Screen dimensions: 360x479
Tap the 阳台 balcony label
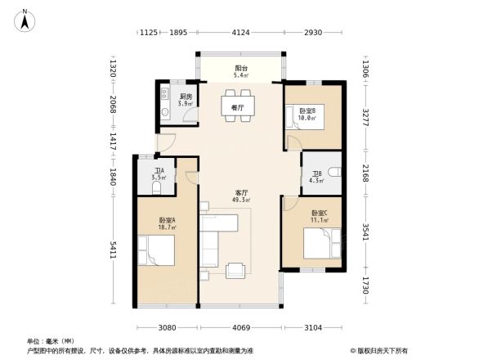241,73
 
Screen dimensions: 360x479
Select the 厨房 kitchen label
186,100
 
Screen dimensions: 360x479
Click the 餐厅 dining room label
237,108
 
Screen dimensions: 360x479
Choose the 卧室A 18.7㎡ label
166,223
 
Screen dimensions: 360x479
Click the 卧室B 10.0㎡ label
307,114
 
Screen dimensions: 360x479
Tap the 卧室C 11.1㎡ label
319,218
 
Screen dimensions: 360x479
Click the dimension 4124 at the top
239,32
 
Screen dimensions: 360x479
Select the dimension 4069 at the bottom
240,328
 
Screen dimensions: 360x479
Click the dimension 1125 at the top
148,32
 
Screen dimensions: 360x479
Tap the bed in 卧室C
319,243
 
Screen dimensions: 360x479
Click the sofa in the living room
214,239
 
